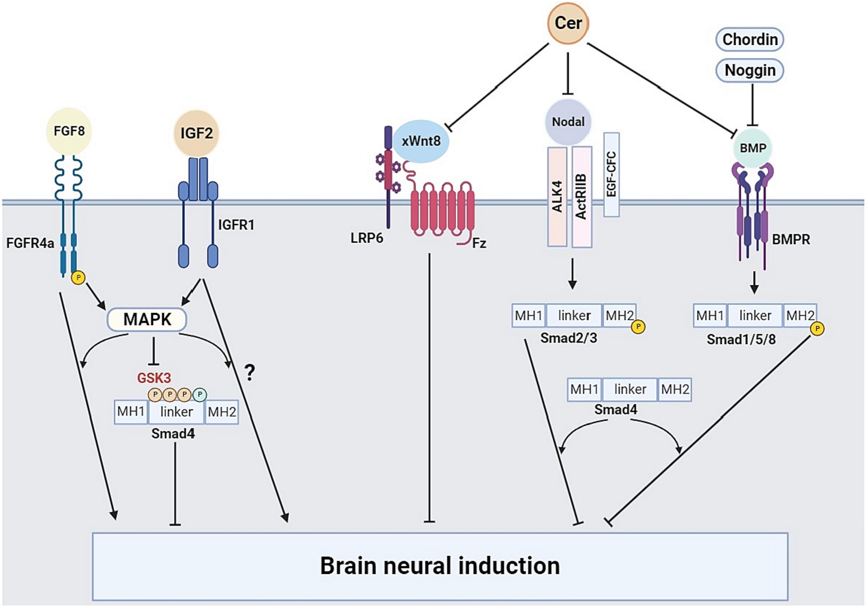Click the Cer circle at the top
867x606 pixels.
coord(568,23)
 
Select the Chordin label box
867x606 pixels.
coord(750,39)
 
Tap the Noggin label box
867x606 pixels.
coord(750,70)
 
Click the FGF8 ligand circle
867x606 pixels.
coord(69,131)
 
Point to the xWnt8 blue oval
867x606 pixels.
coord(421,141)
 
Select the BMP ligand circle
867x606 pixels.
coord(753,148)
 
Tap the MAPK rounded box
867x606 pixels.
coord(147,319)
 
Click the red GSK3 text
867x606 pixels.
coord(154,378)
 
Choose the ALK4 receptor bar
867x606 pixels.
coord(557,196)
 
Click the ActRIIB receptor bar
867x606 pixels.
coord(581,196)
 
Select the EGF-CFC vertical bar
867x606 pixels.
coord(611,174)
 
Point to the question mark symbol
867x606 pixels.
coord(249,373)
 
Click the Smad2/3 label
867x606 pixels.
coord(569,338)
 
